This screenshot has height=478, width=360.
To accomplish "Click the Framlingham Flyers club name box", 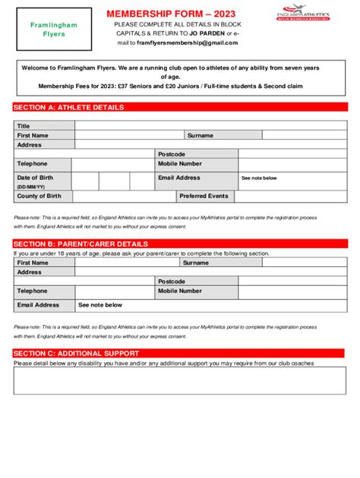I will click(x=54, y=30).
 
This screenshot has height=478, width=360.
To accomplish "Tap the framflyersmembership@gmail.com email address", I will click(x=182, y=43).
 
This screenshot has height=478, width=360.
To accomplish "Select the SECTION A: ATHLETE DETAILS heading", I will click(x=69, y=108).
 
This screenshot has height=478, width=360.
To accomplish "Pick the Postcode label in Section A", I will click(x=172, y=154).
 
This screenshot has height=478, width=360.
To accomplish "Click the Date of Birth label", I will click(x=35, y=178).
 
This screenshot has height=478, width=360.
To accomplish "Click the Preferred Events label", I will click(x=204, y=196).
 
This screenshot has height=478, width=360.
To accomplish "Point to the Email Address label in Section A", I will click(x=179, y=178).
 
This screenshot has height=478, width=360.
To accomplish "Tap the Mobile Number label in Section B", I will click(x=180, y=291).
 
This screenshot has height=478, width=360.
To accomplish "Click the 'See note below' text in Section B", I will click(x=100, y=305).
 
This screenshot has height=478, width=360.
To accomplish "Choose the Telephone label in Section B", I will click(x=32, y=291).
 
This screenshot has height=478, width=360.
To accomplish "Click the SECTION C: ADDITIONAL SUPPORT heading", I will click(x=76, y=353).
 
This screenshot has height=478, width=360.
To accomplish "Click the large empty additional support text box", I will click(x=180, y=380).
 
